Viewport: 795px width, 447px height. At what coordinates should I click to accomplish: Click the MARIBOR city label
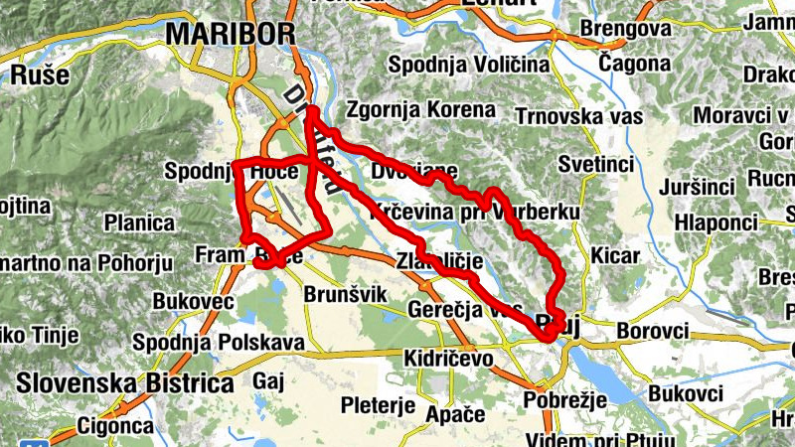click(x=230, y=33)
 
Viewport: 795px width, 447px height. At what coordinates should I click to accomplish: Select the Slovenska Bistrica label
click(x=124, y=382)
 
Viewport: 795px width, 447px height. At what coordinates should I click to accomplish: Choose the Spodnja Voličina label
click(x=469, y=65)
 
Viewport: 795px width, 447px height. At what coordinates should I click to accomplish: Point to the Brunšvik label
click(x=344, y=295)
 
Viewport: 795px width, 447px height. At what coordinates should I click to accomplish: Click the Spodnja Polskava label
click(x=218, y=343)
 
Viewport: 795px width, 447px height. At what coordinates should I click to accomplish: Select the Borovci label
click(x=652, y=329)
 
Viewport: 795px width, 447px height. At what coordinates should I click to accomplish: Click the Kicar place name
click(x=615, y=255)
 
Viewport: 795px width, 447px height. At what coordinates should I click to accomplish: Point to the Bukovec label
click(x=193, y=301)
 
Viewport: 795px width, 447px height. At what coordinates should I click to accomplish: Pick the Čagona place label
click(x=635, y=64)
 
